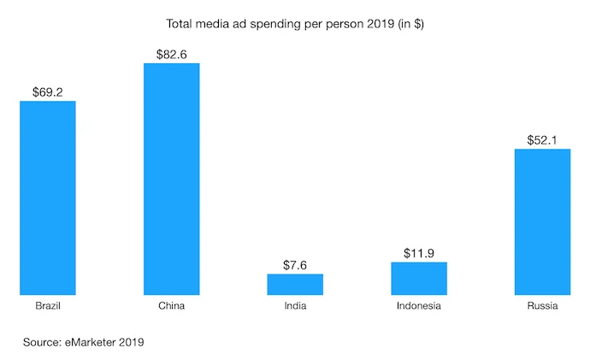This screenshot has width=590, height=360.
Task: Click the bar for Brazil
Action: pos(48,198)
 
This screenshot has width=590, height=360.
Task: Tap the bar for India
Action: pos(295,285)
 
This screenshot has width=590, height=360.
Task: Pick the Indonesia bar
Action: pos(419,279)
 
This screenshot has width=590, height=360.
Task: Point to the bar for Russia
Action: pos(542,222)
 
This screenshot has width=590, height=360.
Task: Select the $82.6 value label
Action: pos(172,53)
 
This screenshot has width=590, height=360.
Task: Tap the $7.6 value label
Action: pos(295,263)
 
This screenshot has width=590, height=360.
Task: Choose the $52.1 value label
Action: pos(542,138)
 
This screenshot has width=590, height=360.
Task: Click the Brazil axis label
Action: pos(48,306)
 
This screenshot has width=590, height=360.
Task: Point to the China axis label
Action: pos(171,306)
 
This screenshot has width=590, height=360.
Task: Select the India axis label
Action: pos(295,306)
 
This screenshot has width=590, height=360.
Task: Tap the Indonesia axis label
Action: pos(419,306)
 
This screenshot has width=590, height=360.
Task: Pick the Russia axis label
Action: pos(542,306)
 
